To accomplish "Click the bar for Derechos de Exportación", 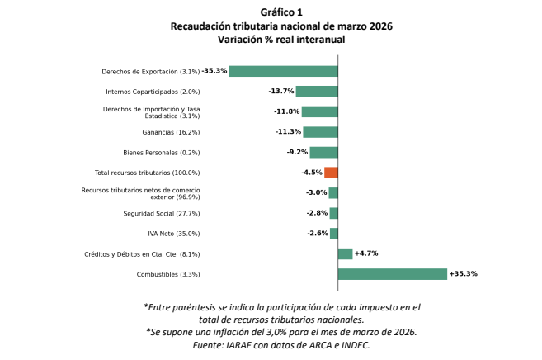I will point(283,71).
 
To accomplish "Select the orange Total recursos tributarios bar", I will point(331,173).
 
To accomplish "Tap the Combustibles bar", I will point(392,274).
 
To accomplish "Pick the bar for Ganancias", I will point(320,132).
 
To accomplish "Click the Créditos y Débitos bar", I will point(345,253).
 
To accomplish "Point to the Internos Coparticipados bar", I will point(317,92).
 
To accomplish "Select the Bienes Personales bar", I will point(323,152).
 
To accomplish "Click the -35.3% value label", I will point(214,71).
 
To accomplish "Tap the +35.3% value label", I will point(463,274).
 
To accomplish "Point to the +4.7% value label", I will point(365,253).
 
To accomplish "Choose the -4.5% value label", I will point(311,173).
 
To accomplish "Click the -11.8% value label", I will point(287,111).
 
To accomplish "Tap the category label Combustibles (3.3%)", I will point(168,274).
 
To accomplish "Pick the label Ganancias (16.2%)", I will point(172,132).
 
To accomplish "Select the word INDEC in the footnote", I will point(352,345).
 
